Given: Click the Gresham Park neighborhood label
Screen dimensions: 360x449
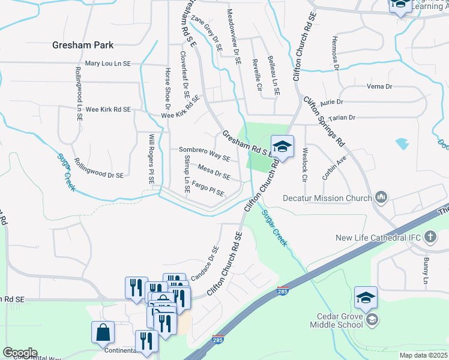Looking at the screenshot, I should coord(83,45).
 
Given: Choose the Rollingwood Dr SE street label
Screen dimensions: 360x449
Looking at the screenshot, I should coord(98,167).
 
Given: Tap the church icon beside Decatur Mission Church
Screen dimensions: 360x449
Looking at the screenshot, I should coord(381,197).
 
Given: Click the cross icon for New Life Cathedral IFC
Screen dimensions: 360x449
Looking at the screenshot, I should coord(430,238).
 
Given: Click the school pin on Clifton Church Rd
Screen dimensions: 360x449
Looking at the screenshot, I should coord(282,146).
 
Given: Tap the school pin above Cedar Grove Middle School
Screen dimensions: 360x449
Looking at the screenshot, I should coord(366,297).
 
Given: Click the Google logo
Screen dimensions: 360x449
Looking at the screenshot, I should coord(19,352).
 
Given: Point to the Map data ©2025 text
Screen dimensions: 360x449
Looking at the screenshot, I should coord(423,355).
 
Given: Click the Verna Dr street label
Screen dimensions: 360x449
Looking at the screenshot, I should coord(379,86).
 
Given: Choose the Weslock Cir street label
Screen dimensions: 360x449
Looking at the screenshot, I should coord(305,164).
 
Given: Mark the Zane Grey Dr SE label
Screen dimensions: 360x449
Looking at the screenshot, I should coord(206,32).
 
